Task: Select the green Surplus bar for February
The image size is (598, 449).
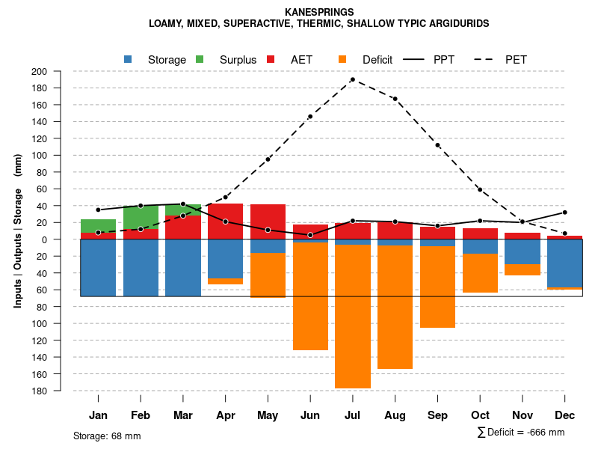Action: pyautogui.click(x=141, y=218)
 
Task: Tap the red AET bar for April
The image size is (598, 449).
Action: pyautogui.click(x=225, y=221)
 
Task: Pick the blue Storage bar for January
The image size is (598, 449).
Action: pyautogui.click(x=98, y=268)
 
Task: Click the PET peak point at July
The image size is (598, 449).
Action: pyautogui.click(x=352, y=79)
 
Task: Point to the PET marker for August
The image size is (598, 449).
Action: pyautogui.click(x=395, y=99)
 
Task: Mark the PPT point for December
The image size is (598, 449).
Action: pyautogui.click(x=564, y=213)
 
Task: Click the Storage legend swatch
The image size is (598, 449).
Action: pyautogui.click(x=129, y=59)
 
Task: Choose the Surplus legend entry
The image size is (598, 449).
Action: pyautogui.click(x=238, y=60)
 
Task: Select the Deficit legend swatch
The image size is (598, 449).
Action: pyautogui.click(x=342, y=59)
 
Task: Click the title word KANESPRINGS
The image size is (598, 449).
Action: pyautogui.click(x=319, y=12)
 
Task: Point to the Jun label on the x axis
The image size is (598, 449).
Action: pyautogui.click(x=310, y=415)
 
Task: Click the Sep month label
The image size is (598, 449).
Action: pyautogui.click(x=437, y=415)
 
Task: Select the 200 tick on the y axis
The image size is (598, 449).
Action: pyautogui.click(x=60, y=72)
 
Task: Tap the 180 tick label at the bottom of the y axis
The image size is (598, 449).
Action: pyautogui.click(x=60, y=391)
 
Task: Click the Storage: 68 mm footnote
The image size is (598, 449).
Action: pyautogui.click(x=107, y=436)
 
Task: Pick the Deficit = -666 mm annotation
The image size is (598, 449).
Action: pyautogui.click(x=521, y=432)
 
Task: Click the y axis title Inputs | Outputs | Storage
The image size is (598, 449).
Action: pyautogui.click(x=18, y=230)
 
